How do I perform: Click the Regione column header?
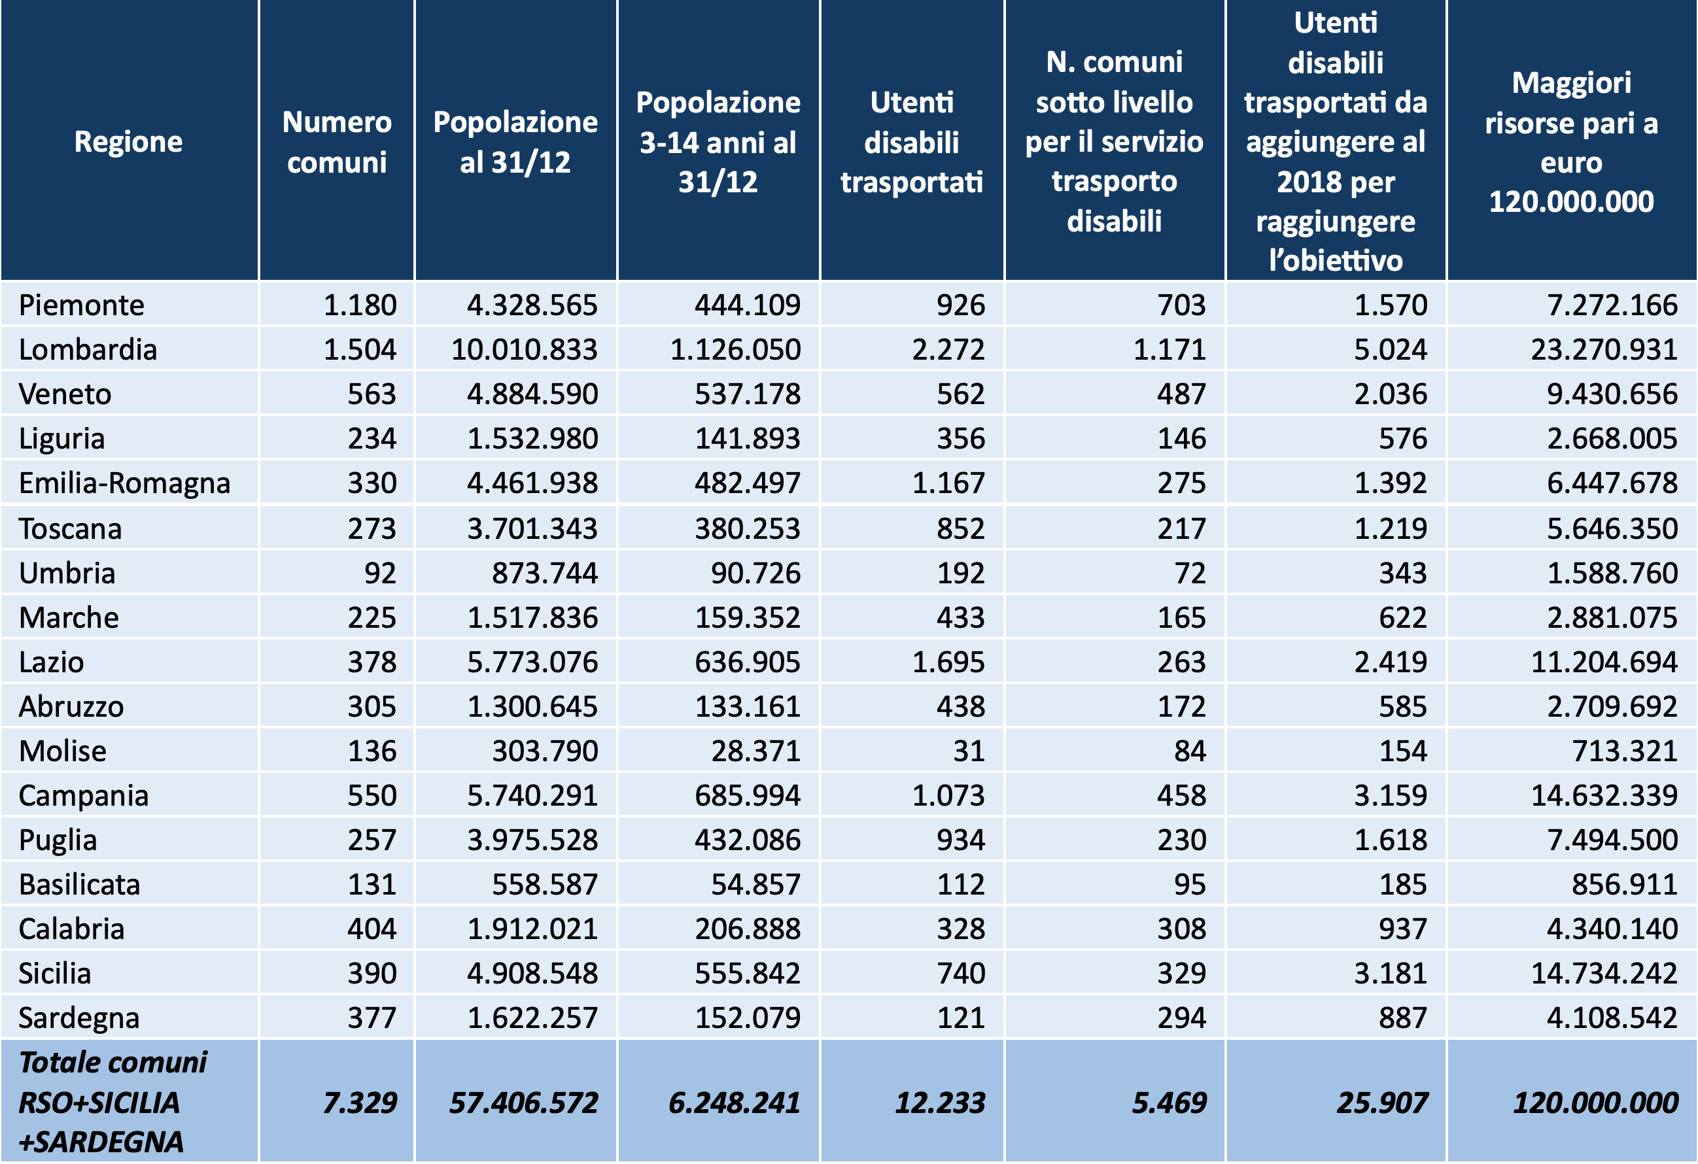click(x=129, y=142)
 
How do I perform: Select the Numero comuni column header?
click(x=337, y=142)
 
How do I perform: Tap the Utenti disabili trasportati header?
click(x=912, y=142)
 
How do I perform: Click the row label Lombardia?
click(x=88, y=349)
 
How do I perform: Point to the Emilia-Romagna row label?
click(x=124, y=483)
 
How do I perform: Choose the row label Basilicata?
click(x=80, y=884)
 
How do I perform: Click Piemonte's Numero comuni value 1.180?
click(x=360, y=305)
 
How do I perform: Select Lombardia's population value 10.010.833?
click(x=525, y=349)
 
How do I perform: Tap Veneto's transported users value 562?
click(x=961, y=394)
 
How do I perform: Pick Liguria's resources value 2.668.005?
click(x=1612, y=438)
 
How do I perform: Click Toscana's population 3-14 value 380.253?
click(x=748, y=528)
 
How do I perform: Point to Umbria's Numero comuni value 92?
click(x=381, y=573)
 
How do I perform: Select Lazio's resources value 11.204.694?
click(x=1604, y=662)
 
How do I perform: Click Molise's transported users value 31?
click(x=969, y=751)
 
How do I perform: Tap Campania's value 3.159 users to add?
click(x=1391, y=796)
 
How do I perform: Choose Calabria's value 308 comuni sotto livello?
click(x=1181, y=929)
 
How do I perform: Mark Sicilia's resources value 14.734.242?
click(x=1604, y=973)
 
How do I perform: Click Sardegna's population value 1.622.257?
click(x=532, y=1018)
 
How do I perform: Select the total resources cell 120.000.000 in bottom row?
click(x=1597, y=1103)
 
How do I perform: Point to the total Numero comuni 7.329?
click(x=360, y=1103)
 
